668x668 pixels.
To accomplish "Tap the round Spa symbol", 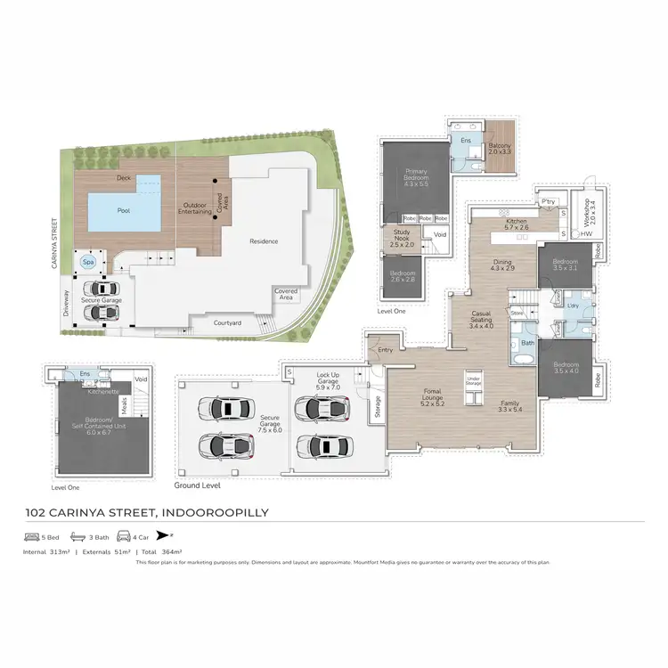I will click(x=88, y=263).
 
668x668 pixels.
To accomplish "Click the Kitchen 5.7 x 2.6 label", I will click(x=517, y=224).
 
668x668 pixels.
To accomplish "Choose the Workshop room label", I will click(x=585, y=213).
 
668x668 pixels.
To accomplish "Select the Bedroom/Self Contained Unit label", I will click(x=99, y=424).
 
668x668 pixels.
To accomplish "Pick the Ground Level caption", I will click(x=197, y=486).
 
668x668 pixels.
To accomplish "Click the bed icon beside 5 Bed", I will click(x=30, y=538).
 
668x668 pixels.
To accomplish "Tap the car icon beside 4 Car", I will click(x=122, y=538).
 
